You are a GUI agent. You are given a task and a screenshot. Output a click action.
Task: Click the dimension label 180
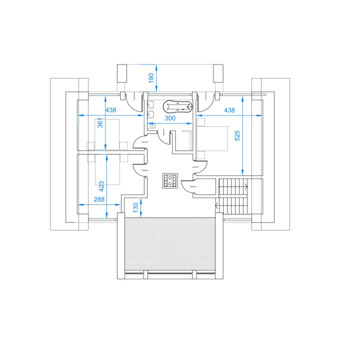(151, 78)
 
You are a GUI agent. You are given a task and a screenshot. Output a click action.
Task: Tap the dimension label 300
(170, 118)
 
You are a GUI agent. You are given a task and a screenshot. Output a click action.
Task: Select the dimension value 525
(237, 135)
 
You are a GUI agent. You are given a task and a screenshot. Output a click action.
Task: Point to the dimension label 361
(100, 123)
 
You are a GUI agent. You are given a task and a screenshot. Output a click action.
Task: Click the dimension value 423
(101, 186)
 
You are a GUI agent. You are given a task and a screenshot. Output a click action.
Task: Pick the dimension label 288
(99, 199)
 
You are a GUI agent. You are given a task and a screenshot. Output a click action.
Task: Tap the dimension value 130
(135, 207)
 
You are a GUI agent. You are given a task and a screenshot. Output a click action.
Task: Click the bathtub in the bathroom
(177, 107)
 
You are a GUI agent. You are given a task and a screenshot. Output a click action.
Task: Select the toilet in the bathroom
(152, 126)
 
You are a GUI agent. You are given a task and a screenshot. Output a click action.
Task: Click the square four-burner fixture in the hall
(170, 180)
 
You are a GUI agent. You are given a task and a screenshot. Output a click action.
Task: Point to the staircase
(233, 196)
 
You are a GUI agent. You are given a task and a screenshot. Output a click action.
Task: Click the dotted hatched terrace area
(170, 244)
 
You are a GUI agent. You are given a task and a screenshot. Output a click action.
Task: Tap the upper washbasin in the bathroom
(150, 105)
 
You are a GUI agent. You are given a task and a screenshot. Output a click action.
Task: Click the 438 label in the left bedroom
(110, 110)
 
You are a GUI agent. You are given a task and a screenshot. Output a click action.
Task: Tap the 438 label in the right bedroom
(229, 110)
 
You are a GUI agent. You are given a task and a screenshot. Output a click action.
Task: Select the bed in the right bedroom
(212, 138)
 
